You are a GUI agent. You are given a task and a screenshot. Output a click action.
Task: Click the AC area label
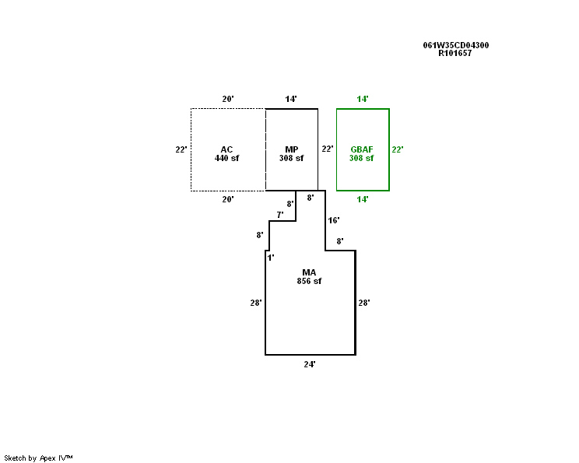click(x=226, y=149)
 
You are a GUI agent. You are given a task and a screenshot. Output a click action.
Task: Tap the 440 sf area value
click(x=226, y=158)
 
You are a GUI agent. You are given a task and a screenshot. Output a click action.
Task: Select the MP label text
click(x=291, y=149)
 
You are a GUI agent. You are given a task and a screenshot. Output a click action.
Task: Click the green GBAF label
click(x=362, y=149)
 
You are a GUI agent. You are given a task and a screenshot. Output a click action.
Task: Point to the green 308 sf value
click(x=362, y=158)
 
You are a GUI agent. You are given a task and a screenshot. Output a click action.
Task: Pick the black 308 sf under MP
click(x=291, y=158)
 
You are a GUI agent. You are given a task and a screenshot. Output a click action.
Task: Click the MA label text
click(x=309, y=272)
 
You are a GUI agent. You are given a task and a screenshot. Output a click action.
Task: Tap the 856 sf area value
click(x=309, y=281)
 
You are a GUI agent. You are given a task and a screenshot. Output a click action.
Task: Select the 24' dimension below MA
click(x=310, y=363)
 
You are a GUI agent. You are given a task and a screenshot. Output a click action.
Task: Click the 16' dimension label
click(x=334, y=220)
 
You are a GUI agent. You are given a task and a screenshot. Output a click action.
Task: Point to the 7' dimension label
click(x=280, y=214)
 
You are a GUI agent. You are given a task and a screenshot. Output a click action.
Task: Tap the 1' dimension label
click(x=271, y=257)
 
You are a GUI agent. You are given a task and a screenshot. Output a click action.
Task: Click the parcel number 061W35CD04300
click(x=456, y=45)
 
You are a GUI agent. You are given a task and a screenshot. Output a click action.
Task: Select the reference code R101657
click(x=455, y=53)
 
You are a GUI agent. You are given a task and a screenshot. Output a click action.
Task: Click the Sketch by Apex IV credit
click(x=38, y=458)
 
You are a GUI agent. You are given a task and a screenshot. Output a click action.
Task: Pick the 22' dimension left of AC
click(x=181, y=149)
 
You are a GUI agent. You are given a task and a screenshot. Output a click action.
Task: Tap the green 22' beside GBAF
click(x=397, y=149)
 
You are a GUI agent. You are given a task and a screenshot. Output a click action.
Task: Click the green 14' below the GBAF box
click(x=363, y=199)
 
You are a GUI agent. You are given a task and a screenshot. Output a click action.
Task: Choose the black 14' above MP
click(x=291, y=99)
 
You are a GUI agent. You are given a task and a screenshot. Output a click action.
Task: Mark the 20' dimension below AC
click(x=228, y=199)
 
